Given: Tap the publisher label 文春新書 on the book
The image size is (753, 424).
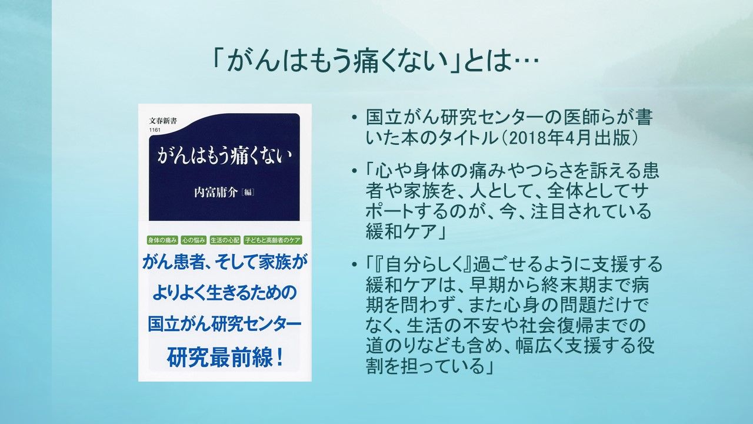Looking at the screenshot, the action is point(162,121).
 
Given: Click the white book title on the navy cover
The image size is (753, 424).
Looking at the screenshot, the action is point(224,157).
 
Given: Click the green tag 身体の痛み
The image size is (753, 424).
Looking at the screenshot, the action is point(162,240).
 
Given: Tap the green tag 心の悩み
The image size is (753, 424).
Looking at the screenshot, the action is point(194,240).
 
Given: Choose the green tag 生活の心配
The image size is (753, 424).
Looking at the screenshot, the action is point(225,240).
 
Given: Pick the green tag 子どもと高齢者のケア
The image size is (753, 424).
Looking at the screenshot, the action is point(272,240).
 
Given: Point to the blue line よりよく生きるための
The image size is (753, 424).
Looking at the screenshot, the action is point(225,293).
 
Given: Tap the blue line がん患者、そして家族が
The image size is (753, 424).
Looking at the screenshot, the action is point(225,262).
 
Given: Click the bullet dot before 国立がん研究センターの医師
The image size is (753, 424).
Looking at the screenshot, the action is point(354,118).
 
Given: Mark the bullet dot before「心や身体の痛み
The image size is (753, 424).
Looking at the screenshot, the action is point(354,171).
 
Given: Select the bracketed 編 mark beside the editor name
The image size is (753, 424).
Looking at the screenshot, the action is point(248,193).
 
